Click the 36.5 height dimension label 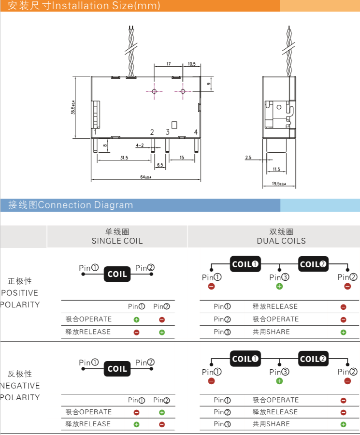click(x=73, y=107)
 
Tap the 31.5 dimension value click(x=124, y=158)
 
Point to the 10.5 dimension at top click(x=192, y=64)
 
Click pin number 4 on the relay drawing click(x=196, y=132)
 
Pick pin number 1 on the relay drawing click(x=96, y=132)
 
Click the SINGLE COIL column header click(x=117, y=241)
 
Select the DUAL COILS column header click(x=281, y=241)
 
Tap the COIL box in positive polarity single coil click(x=117, y=274)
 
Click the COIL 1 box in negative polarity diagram click(x=245, y=359)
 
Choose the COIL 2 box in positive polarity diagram click(x=313, y=264)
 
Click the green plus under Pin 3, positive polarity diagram click(x=279, y=287)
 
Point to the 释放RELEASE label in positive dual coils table click(x=275, y=306)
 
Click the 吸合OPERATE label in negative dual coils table click(x=275, y=400)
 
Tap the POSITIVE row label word click(x=20, y=293)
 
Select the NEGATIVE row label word click(x=20, y=386)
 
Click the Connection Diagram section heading click(x=85, y=205)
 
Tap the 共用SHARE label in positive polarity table click(x=271, y=332)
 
